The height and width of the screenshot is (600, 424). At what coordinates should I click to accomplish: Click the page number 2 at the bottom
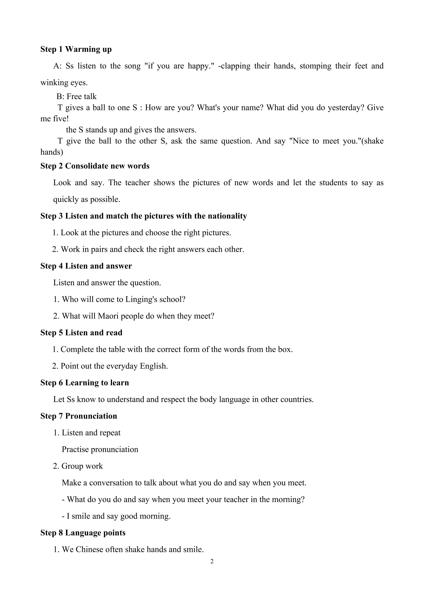click(x=212, y=561)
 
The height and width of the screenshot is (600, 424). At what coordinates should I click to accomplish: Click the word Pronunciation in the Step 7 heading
click(x=91, y=416)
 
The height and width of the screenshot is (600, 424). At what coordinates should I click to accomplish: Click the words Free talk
click(x=82, y=96)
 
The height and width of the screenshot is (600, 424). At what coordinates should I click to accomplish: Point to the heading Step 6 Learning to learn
click(x=85, y=383)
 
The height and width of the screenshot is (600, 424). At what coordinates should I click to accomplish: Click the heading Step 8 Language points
click(x=83, y=533)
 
